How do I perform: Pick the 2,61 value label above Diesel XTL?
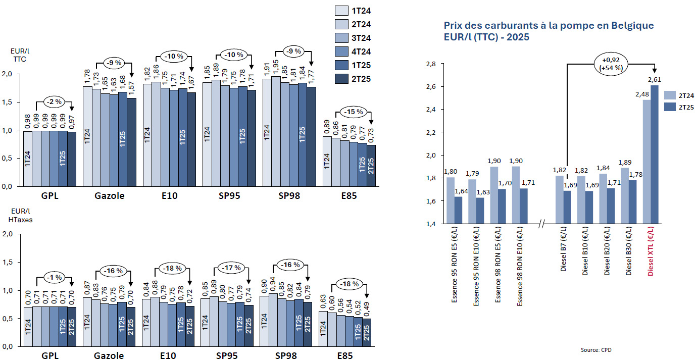(655, 79)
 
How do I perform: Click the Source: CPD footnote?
(595, 349)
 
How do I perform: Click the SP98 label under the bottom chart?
(286, 356)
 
